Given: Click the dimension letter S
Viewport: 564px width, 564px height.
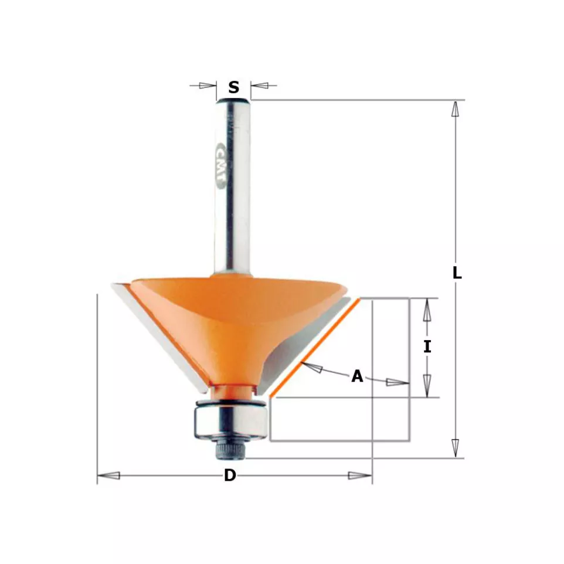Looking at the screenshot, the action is tap(234, 87).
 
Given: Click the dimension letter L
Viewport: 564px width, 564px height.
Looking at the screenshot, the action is tap(457, 273).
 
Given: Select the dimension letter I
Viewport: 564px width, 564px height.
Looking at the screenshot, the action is tap(427, 346).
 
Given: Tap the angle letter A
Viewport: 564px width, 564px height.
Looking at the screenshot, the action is tap(357, 376).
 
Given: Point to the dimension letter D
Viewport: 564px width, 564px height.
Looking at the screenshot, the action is tap(230, 475).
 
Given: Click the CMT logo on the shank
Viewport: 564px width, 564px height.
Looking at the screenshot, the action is tap(220, 167).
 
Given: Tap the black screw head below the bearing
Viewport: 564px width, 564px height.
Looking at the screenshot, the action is tap(230, 450).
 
